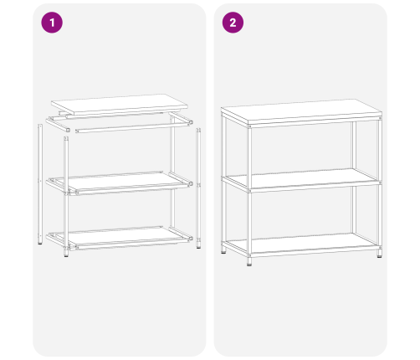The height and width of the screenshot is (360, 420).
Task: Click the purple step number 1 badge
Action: (52, 23)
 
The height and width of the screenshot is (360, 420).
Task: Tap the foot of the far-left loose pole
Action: (40, 244)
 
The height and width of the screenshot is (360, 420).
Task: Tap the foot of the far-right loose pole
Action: (198, 246)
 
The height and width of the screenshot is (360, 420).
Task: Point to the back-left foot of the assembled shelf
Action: (223, 252)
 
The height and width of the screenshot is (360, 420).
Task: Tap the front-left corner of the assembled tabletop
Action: (248, 125)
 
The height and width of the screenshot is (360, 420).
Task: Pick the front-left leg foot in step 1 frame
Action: (66, 254)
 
